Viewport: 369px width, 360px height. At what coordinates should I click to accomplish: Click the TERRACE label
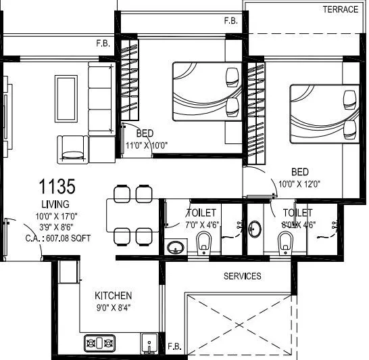tap(340, 9)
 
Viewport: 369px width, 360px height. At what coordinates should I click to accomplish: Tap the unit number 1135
tap(56, 185)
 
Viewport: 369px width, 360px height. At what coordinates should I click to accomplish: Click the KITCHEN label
tap(113, 296)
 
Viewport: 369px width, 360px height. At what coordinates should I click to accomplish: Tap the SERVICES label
tap(243, 276)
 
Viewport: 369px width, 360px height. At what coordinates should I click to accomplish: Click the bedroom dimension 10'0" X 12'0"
tap(302, 183)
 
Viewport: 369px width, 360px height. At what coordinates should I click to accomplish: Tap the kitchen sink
tap(149, 342)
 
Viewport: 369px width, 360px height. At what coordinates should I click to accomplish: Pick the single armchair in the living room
tap(73, 148)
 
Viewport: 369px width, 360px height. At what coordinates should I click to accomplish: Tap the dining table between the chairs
tap(131, 215)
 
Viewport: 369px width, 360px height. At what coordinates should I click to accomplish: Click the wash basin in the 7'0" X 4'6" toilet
tap(176, 246)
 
